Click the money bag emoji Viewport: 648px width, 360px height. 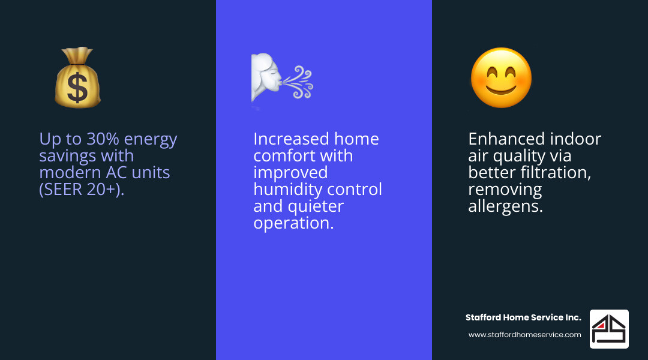pos(77,77)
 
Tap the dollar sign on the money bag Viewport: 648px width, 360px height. pos(77,88)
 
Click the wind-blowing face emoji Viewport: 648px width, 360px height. pos(282,78)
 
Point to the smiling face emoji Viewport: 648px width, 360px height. pos(501,78)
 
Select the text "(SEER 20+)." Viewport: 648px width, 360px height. pos(82,190)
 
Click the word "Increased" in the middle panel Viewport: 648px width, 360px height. pos(291,139)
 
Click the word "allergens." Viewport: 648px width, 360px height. pos(505,206)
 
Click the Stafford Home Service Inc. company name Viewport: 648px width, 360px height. pos(523,317)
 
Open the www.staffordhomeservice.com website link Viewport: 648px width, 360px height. pos(524,335)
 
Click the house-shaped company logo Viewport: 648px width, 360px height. pos(609,329)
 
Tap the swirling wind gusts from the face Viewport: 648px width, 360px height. pos(298,82)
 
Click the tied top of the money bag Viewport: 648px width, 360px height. pos(77,55)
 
